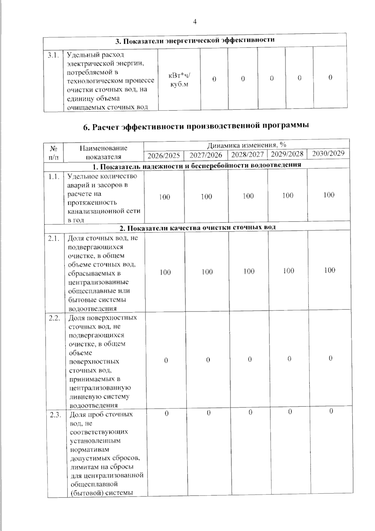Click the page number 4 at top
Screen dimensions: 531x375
(x=195, y=22)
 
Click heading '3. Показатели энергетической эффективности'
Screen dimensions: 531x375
(x=195, y=40)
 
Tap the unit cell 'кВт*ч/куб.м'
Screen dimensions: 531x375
(x=179, y=80)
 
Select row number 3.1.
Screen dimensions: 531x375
(x=53, y=55)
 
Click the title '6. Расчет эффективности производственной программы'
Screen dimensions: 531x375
(x=196, y=126)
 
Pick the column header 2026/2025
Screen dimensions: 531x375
(x=164, y=155)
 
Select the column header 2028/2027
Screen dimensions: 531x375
(x=247, y=154)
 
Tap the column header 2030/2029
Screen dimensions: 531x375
(x=328, y=153)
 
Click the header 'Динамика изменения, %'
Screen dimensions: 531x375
(x=247, y=145)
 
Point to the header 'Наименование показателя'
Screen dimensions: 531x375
(x=103, y=152)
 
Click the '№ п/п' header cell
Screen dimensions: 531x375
(x=53, y=152)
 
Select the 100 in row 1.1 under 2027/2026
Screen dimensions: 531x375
(x=206, y=197)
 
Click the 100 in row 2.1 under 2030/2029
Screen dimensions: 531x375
(x=329, y=270)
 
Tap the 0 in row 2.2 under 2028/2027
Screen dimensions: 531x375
(x=250, y=360)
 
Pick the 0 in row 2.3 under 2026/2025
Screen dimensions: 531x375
(x=167, y=414)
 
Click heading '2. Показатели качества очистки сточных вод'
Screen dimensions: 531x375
(x=197, y=227)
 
